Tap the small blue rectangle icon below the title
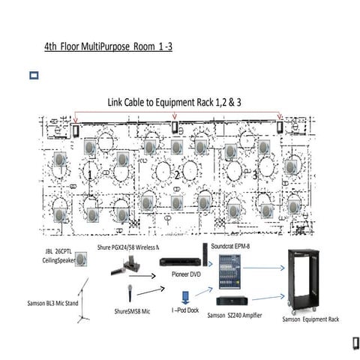point(33,76)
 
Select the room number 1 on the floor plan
point(90,174)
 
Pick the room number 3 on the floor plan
point(255,175)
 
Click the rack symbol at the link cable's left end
point(75,129)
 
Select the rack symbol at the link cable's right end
point(280,126)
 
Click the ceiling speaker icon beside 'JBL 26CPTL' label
point(79,259)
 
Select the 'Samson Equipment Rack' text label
point(310,319)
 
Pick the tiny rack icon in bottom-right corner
point(348,343)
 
